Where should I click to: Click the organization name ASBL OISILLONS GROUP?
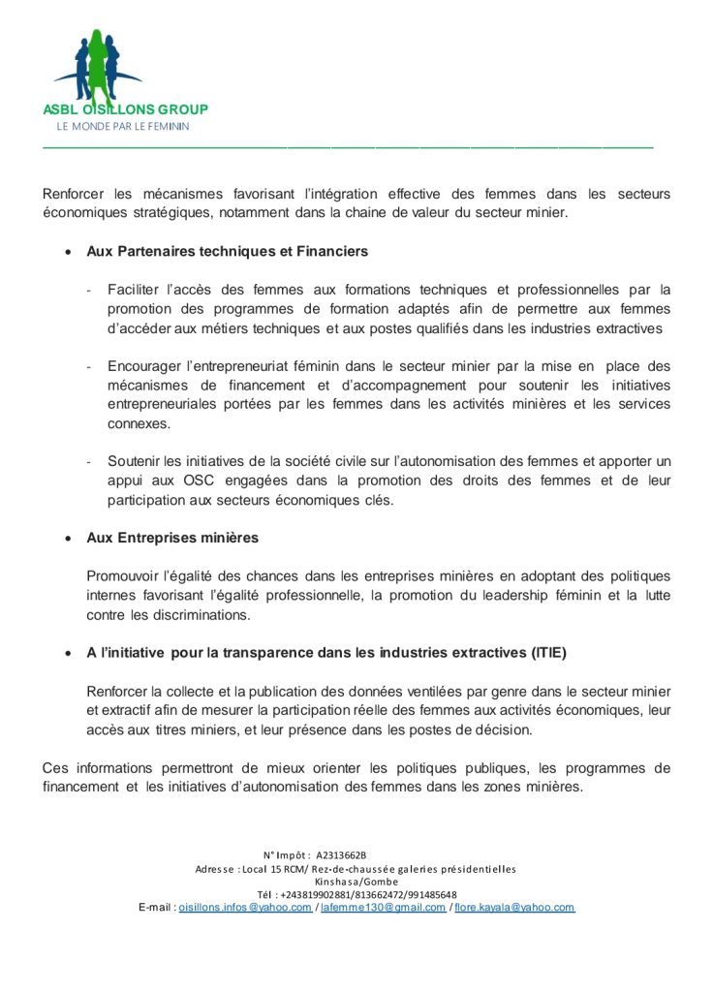coord(125,109)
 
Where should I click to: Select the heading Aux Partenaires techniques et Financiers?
coord(227,251)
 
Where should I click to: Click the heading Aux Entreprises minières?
coord(172,538)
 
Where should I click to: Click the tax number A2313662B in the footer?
coord(341,855)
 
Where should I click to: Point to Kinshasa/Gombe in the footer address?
coord(356,882)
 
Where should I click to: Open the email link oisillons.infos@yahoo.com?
coord(245,908)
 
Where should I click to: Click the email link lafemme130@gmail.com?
coord(383,908)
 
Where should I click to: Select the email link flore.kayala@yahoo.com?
coord(514,908)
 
